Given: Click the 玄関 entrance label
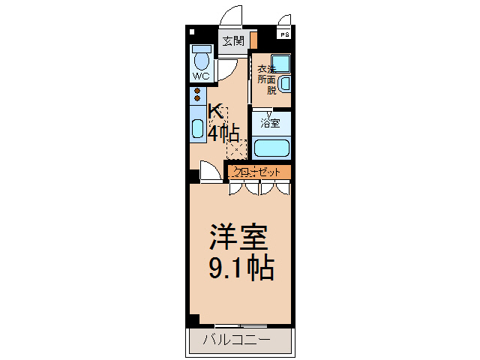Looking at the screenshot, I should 233,41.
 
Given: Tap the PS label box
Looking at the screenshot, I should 284,34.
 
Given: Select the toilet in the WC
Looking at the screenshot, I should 201,58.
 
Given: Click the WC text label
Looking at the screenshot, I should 201,76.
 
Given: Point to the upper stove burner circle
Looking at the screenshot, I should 197,91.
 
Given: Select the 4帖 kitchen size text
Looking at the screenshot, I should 223,133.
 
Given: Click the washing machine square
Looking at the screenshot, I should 281,64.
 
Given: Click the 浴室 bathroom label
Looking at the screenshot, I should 271,122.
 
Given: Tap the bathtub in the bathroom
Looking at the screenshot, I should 271,147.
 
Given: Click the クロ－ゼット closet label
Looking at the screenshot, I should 256,172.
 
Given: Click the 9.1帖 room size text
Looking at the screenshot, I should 239,267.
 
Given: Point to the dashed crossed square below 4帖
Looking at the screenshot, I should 235,149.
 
